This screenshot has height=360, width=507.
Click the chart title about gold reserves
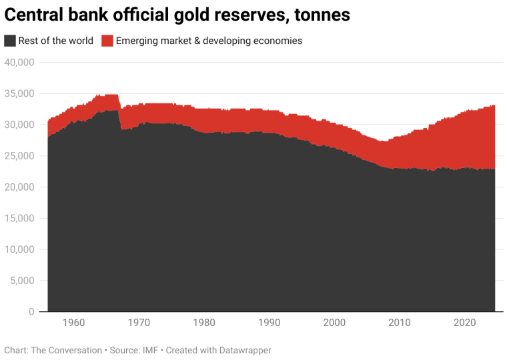177,15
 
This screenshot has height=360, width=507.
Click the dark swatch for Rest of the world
10,41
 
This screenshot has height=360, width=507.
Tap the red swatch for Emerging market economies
107,41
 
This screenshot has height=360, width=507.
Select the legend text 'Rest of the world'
56,41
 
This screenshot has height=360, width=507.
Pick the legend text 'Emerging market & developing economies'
209,41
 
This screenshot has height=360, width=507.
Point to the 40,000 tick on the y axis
19,63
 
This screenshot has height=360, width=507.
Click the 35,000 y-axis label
19,94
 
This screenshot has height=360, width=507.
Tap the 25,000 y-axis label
19,156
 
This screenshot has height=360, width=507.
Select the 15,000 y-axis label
19,219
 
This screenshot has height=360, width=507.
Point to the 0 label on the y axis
31,312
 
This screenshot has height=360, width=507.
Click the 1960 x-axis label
73,323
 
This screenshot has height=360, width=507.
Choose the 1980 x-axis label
203,323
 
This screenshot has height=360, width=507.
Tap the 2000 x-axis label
334,323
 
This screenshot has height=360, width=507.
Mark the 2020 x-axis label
464,323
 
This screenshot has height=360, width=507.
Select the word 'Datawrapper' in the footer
244,350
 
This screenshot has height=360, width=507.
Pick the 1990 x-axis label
269,323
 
